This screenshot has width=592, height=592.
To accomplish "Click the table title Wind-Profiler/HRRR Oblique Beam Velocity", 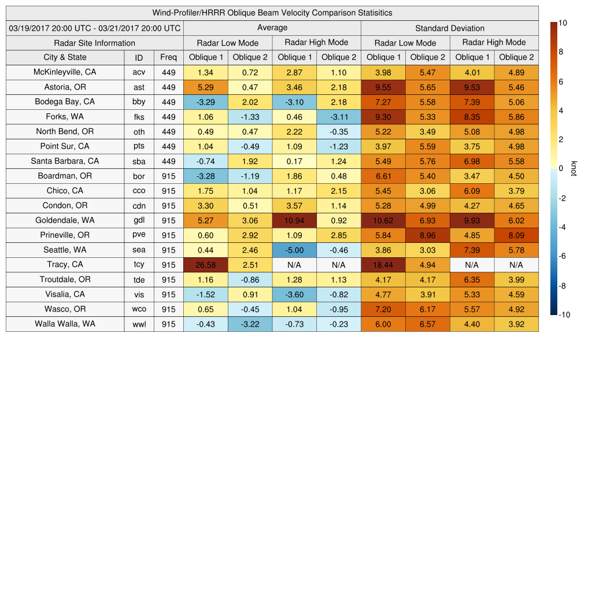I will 272,13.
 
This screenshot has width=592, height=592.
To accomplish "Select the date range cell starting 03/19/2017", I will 94,28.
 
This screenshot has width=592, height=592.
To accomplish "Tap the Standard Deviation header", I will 450,28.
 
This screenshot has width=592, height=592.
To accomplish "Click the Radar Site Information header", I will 94,43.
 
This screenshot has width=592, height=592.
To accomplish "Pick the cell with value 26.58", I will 205,265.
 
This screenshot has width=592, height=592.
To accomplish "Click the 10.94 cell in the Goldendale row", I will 294,220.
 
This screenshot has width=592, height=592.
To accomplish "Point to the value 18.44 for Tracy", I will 383,265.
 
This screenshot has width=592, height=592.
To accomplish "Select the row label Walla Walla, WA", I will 65,324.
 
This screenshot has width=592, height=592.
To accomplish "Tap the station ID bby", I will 139,102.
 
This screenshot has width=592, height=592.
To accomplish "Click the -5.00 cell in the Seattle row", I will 294,250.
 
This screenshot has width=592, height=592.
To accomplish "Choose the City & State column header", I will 65,57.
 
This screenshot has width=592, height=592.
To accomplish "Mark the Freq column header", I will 168,57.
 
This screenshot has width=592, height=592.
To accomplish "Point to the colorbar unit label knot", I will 574,168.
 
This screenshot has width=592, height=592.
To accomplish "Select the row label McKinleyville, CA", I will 65,72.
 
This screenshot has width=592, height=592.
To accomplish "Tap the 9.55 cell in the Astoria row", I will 383,87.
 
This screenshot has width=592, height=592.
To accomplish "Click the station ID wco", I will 139,309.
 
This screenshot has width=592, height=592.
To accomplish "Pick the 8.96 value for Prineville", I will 427,235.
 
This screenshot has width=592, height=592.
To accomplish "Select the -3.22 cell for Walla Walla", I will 250,324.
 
